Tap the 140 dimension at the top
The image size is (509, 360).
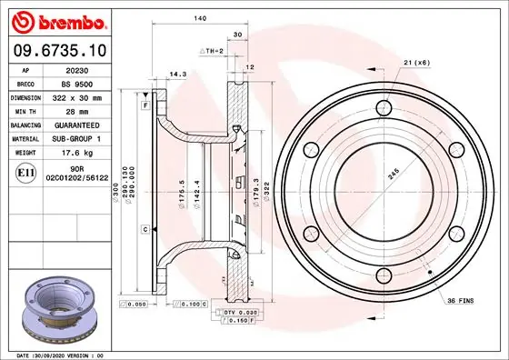pyautogui.click(x=197, y=19)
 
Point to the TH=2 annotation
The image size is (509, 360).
pyautogui.click(x=212, y=52)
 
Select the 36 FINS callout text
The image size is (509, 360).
pyautogui.click(x=460, y=299)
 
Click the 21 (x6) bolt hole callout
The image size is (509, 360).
pyautogui.click(x=415, y=62)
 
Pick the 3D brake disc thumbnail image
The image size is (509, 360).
pyautogui.click(x=59, y=312)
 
